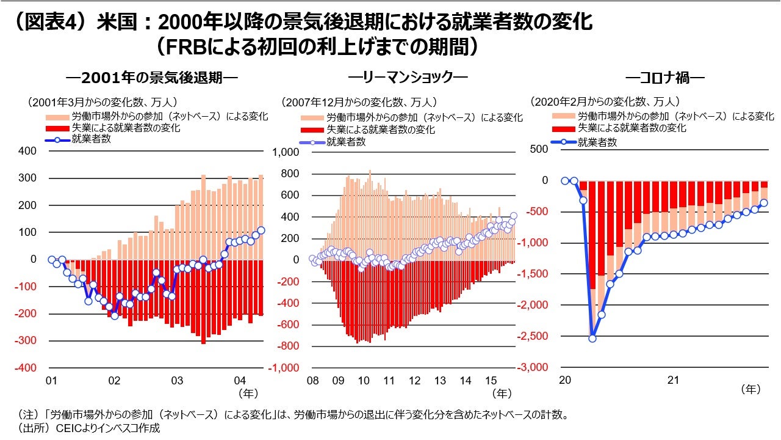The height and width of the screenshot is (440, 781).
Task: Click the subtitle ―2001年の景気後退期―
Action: [152, 78]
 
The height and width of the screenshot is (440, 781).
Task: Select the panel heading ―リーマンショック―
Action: [408, 78]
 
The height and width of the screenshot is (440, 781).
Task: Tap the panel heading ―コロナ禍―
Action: [664, 78]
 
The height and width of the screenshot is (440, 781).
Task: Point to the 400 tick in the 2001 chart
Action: [28, 151]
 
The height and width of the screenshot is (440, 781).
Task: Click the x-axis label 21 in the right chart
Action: [672, 380]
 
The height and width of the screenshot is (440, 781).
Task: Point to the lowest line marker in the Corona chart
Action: [592, 338]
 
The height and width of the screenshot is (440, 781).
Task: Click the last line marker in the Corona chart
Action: [763, 203]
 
